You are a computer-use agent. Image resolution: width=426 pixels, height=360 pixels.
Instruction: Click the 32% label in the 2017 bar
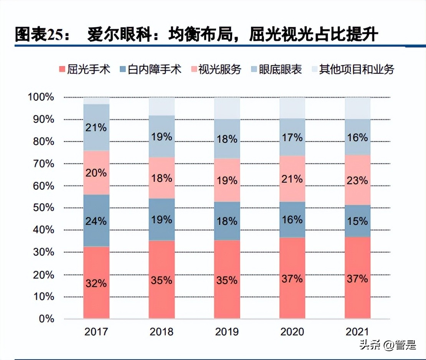(96, 284)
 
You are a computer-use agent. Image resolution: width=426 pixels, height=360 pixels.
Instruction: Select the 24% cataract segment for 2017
(96, 221)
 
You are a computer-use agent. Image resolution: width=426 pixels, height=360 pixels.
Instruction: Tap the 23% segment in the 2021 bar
(358, 180)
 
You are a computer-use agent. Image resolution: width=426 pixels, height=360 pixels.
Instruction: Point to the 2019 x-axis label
(227, 332)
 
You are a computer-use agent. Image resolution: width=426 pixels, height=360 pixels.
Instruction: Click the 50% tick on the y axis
(41, 208)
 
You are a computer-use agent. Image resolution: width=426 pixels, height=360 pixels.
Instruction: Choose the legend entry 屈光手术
(84, 69)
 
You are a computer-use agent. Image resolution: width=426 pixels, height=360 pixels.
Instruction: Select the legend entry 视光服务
(215, 69)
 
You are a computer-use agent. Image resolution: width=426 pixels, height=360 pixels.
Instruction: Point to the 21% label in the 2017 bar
(96, 127)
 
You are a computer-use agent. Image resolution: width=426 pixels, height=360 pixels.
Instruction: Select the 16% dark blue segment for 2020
(292, 220)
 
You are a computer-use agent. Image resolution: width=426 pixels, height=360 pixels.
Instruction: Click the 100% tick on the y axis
(41, 97)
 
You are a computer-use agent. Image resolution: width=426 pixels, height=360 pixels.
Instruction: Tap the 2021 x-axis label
(358, 332)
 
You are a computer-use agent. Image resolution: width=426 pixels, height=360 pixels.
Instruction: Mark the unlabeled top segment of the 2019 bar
(227, 108)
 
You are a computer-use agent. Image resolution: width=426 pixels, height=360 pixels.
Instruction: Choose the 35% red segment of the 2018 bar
(162, 280)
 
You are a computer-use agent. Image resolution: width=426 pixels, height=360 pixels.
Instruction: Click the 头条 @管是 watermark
(388, 345)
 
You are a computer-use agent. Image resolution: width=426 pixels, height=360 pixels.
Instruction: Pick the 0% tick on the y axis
(46, 319)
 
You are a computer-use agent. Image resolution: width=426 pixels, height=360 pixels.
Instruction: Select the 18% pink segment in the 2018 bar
(162, 178)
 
